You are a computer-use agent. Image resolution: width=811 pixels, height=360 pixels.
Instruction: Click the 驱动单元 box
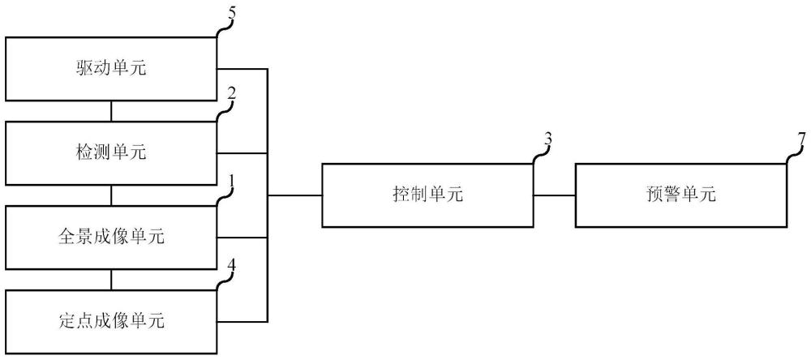110,69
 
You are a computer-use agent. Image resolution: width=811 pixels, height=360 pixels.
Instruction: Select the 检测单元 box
110,153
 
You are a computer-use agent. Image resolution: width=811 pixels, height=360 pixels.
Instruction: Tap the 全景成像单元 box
110,238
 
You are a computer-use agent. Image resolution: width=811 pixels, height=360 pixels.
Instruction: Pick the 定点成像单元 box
110,322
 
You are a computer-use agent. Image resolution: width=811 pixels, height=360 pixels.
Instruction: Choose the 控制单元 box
427,195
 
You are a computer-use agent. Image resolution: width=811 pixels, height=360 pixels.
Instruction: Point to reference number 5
231,15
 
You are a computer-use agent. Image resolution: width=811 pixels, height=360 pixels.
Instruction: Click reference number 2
231,94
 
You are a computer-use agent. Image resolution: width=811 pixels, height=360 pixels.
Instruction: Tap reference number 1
232,181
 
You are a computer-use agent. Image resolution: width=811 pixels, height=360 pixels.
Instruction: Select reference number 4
231,265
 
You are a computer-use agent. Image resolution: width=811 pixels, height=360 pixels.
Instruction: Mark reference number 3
547,139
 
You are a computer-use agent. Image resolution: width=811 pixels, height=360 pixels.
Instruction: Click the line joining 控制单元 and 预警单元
554,195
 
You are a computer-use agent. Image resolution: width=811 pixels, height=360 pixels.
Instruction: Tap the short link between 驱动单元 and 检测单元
111,111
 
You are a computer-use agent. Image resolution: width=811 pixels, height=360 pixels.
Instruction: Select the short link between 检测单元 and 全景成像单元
111,195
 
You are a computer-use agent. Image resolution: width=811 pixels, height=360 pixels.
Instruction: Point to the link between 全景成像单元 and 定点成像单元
111,280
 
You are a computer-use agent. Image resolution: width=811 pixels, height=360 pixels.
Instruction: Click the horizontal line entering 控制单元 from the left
294,195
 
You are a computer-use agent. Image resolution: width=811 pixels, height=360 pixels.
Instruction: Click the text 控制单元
427,195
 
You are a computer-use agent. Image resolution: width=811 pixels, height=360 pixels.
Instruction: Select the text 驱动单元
110,68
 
